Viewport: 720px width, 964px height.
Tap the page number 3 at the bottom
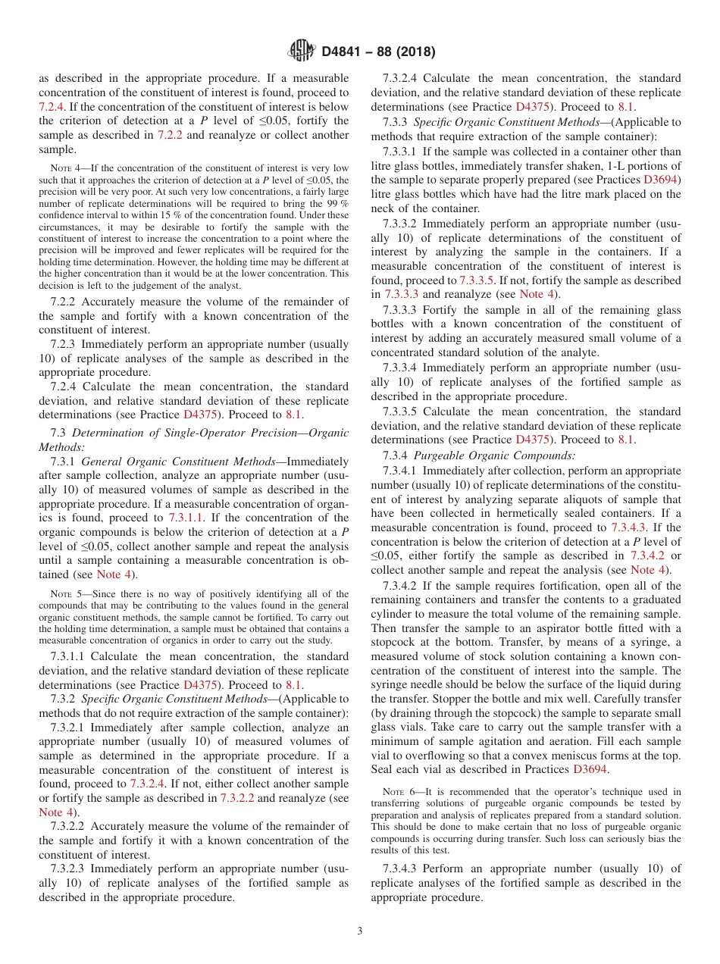(359, 931)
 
